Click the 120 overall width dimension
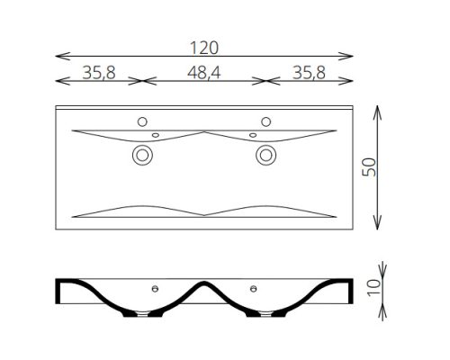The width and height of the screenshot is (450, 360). click(x=204, y=48)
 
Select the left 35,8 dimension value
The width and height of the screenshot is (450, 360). click(x=99, y=73)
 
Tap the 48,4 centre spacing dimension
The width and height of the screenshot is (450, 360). click(x=204, y=73)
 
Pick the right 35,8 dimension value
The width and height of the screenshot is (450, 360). click(x=309, y=73)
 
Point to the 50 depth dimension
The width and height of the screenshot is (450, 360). click(x=369, y=167)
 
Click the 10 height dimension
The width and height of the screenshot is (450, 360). click(x=373, y=288)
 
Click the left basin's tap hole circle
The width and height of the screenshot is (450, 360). click(x=142, y=121)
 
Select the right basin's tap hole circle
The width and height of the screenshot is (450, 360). click(x=266, y=121)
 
